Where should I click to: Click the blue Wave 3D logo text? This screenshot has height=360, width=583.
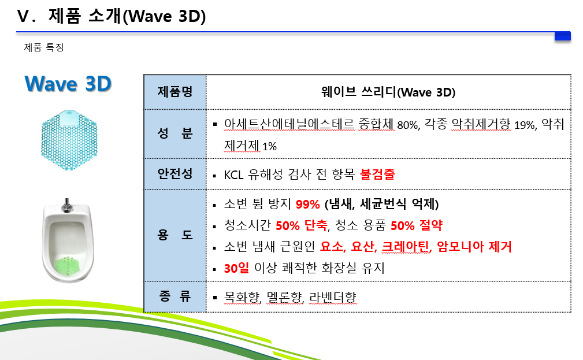point(68,83)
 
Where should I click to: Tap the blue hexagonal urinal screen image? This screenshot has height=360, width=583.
point(69,140)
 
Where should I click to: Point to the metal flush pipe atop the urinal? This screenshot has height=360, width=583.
point(67,205)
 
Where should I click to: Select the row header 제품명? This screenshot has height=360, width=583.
point(175,92)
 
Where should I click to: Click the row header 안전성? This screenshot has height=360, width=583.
point(175,174)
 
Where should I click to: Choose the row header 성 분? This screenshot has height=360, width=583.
point(175,133)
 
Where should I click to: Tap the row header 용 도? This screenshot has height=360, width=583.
point(175,235)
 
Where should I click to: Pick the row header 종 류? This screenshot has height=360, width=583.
point(175,296)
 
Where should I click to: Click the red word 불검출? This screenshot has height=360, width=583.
point(377,174)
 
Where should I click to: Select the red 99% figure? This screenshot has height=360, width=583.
point(308,204)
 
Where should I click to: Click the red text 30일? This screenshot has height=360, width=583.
point(236,268)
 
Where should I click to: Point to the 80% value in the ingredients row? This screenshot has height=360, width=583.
point(409,125)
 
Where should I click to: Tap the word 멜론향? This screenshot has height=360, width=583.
point(285,297)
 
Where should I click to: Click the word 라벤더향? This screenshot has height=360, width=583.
point(333,297)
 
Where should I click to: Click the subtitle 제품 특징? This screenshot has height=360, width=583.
point(44,47)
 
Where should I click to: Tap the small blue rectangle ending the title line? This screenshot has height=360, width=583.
point(563,36)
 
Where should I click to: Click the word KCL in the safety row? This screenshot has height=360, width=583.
point(233,175)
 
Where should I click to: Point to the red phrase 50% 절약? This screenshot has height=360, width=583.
point(417,225)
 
